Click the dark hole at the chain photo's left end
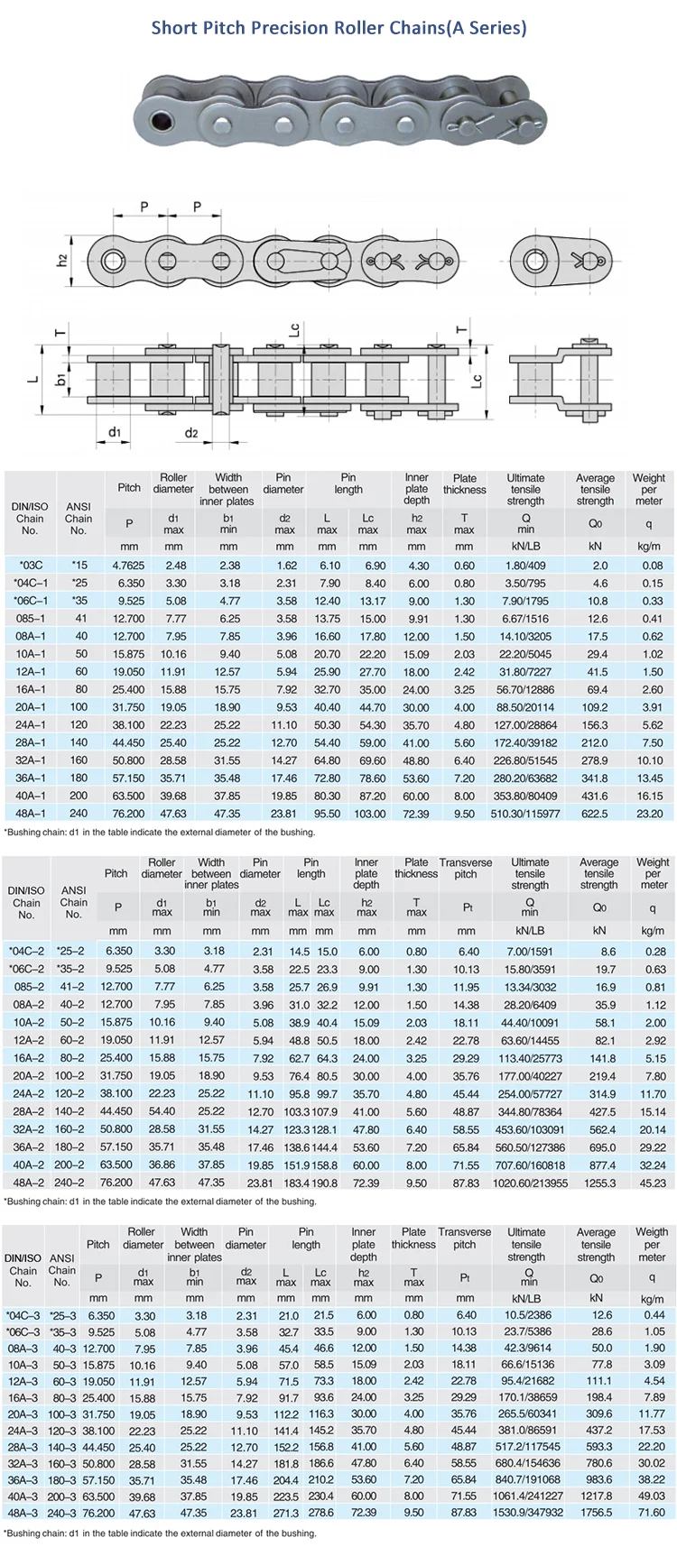click(162, 121)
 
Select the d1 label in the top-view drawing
click(115, 432)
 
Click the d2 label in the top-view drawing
click(191, 433)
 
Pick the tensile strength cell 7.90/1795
click(525, 601)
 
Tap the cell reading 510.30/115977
click(525, 814)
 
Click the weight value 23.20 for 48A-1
click(649, 814)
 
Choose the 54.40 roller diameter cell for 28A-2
click(162, 1111)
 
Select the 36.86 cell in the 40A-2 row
click(162, 1165)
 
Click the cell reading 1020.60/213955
click(530, 1183)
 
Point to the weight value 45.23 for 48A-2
click(653, 1183)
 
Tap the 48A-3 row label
click(22, 1514)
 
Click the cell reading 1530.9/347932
click(526, 1514)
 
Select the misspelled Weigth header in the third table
click(652, 1231)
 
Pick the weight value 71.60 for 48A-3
click(652, 1514)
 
